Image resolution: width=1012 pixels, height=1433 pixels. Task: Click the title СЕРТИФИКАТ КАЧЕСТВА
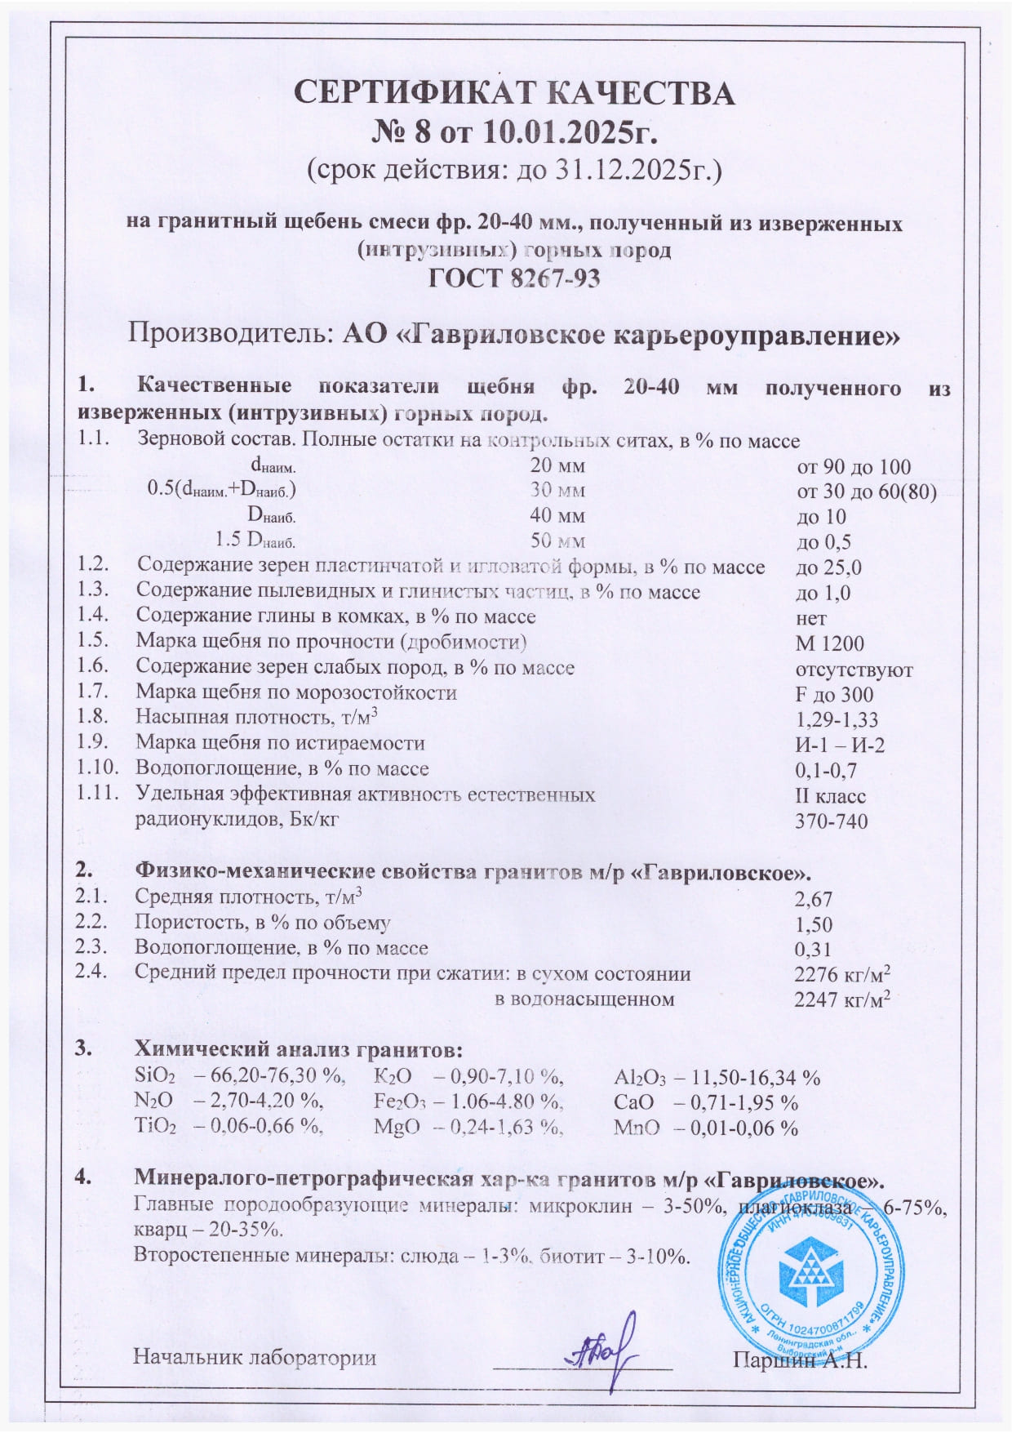[514, 94]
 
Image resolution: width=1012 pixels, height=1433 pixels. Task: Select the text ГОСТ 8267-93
[514, 278]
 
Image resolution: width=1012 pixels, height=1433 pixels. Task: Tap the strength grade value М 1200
[829, 643]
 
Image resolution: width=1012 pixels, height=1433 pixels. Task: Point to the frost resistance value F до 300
[834, 694]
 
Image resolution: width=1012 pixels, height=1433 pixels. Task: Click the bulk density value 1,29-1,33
[837, 719]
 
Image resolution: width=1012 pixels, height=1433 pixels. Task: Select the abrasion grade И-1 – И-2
[840, 745]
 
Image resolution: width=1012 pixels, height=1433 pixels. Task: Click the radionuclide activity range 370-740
[832, 821]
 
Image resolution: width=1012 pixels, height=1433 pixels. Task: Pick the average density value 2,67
[813, 899]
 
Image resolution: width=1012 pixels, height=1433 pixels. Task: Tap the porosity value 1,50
[813, 924]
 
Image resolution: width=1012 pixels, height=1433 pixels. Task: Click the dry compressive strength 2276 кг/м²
[841, 974]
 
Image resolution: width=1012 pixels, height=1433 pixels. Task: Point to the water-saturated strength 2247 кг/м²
[841, 999]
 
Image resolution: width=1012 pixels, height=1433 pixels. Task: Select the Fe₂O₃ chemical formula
[400, 1102]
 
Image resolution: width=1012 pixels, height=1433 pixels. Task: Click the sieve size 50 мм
[557, 541]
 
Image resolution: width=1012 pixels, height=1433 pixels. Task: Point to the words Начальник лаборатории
[255, 1357]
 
